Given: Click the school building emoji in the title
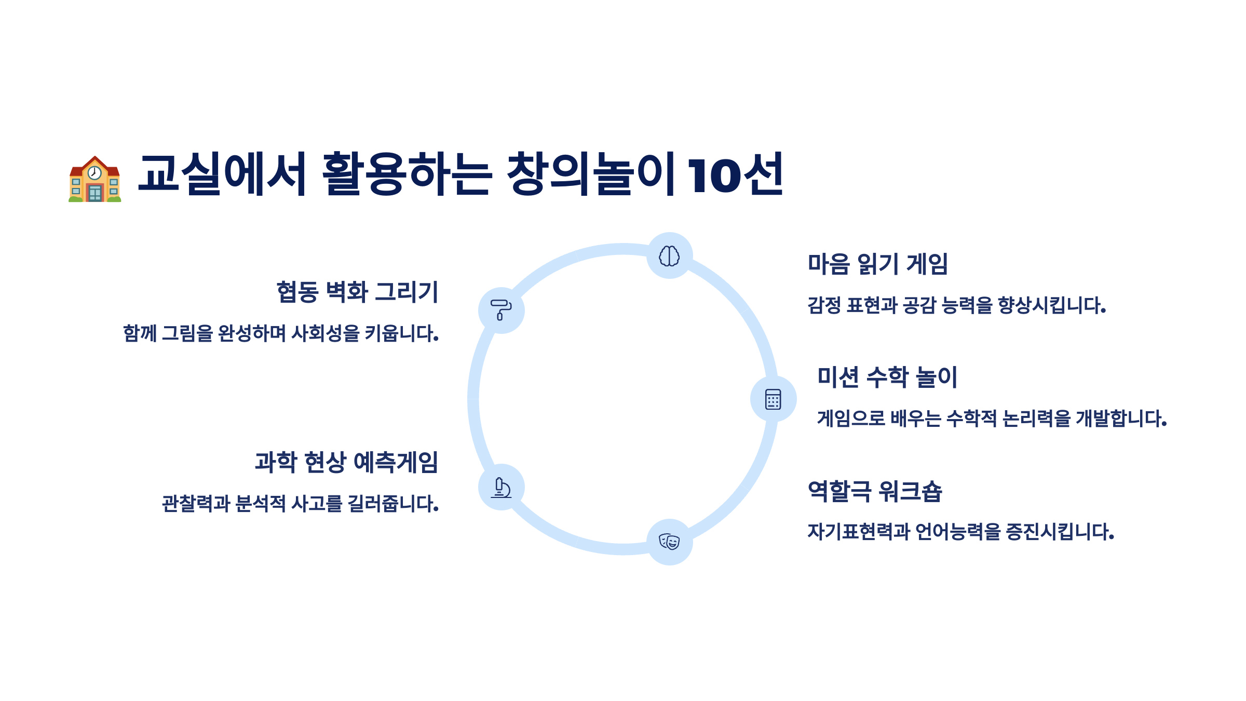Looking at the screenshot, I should click(95, 179).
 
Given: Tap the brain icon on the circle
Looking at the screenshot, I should click(669, 256).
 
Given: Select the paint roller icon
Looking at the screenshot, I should click(501, 310).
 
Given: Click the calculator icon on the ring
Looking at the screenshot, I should click(773, 399).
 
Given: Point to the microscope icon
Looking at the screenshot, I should click(502, 487).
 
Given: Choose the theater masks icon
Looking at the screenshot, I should click(669, 542).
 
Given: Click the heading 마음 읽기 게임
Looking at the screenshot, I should click(877, 264).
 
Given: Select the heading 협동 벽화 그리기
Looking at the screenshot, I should click(357, 292).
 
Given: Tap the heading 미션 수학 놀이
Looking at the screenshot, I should click(887, 377).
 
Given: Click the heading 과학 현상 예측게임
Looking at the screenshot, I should click(346, 462).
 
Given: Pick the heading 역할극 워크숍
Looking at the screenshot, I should click(875, 491).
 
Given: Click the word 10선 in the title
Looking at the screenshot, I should click(735, 174).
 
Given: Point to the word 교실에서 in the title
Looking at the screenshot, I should click(222, 174).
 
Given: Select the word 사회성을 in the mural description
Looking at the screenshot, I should click(326, 333).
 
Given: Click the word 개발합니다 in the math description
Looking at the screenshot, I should click(1121, 419).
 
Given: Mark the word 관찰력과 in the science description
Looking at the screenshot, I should click(196, 504).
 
